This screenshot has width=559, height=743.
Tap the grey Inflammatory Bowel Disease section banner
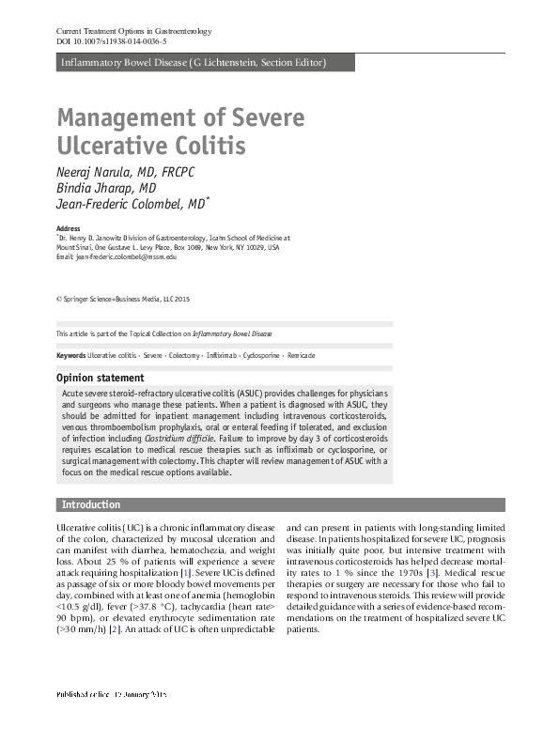193,63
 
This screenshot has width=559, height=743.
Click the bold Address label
69,229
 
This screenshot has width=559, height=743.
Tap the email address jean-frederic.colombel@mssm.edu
126,256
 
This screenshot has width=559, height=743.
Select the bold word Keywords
70,356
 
